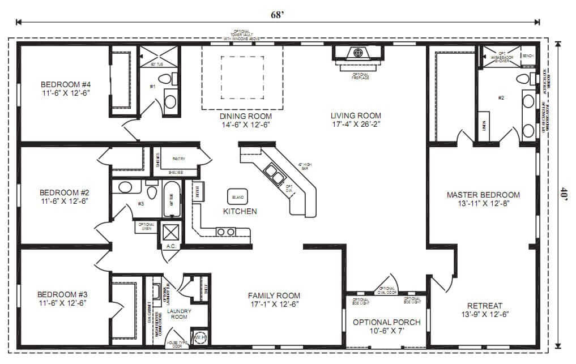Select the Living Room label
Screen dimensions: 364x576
pyautogui.click(x=356, y=115)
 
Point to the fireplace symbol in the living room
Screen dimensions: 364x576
pyautogui.click(x=357, y=54)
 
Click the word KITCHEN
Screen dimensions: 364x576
pyautogui.click(x=240, y=211)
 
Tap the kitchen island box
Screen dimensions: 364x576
pyautogui.click(x=237, y=196)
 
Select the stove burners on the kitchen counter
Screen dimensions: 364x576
pyautogui.click(x=226, y=232)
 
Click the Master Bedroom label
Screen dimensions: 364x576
pyautogui.click(x=483, y=195)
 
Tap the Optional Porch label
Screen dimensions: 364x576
pyautogui.click(x=387, y=322)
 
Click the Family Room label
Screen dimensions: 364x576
pyautogui.click(x=274, y=296)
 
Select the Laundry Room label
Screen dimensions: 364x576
pyautogui.click(x=179, y=314)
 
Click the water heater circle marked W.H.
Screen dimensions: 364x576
pyautogui.click(x=199, y=337)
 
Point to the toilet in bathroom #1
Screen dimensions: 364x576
pyautogui.click(x=165, y=80)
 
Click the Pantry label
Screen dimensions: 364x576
pyautogui.click(x=179, y=160)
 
